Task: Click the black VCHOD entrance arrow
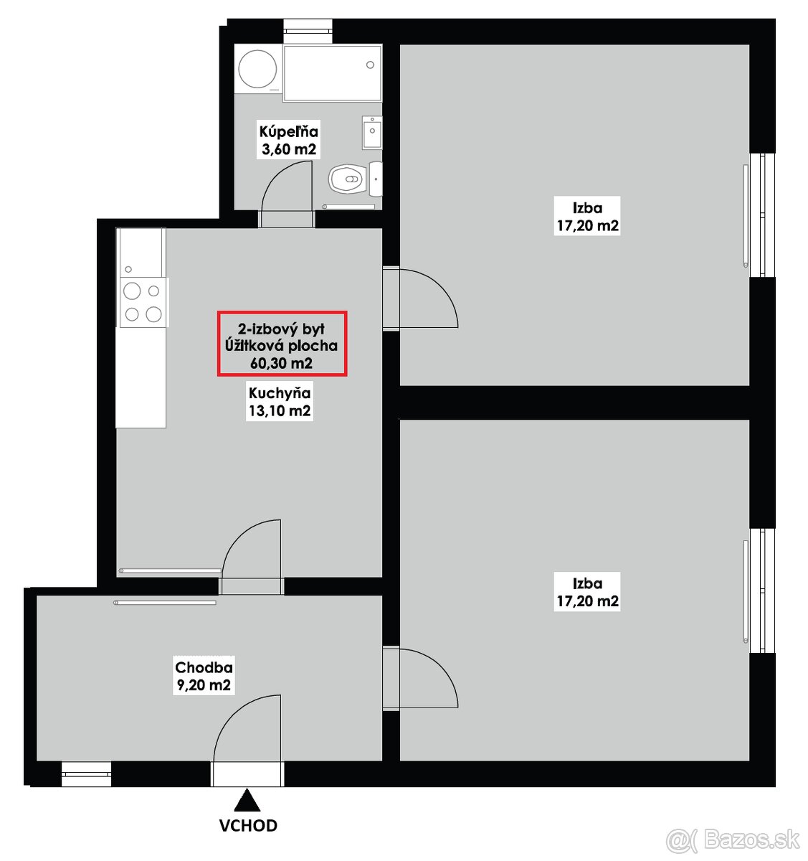[x=247, y=800]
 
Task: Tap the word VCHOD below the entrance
[x=248, y=825]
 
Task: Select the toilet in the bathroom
[x=348, y=179]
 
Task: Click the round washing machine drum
[x=258, y=69]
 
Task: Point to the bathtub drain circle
[x=370, y=65]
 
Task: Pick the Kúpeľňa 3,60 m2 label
[x=288, y=140]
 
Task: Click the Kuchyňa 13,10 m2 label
[x=280, y=402]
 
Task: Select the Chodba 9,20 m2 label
[x=204, y=676]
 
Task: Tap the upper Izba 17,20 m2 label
[x=587, y=217]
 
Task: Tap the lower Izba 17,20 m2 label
[x=587, y=592]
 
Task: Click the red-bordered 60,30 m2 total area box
[x=282, y=344]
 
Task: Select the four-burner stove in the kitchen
[x=143, y=302]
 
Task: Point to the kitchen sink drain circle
[x=128, y=270]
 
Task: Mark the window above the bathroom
[x=308, y=32]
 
